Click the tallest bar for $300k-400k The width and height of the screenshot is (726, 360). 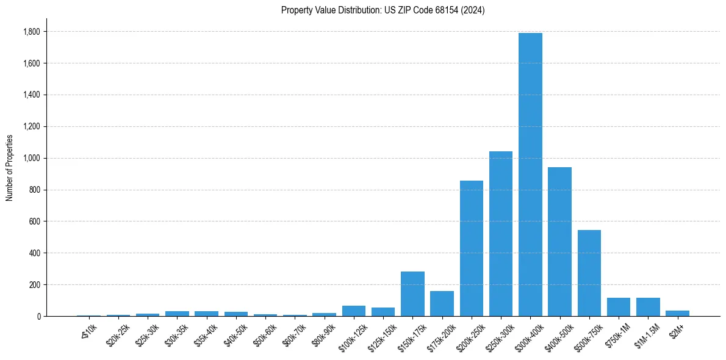click(x=530, y=175)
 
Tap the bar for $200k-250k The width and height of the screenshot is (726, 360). click(x=472, y=248)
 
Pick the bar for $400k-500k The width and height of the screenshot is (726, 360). click(x=559, y=242)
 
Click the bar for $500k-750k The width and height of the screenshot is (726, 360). click(x=589, y=273)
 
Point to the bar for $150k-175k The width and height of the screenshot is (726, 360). click(x=412, y=293)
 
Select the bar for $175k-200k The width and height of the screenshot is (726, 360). click(x=442, y=303)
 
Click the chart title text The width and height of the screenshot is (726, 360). click(x=383, y=10)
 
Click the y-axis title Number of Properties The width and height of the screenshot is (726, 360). click(x=10, y=168)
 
